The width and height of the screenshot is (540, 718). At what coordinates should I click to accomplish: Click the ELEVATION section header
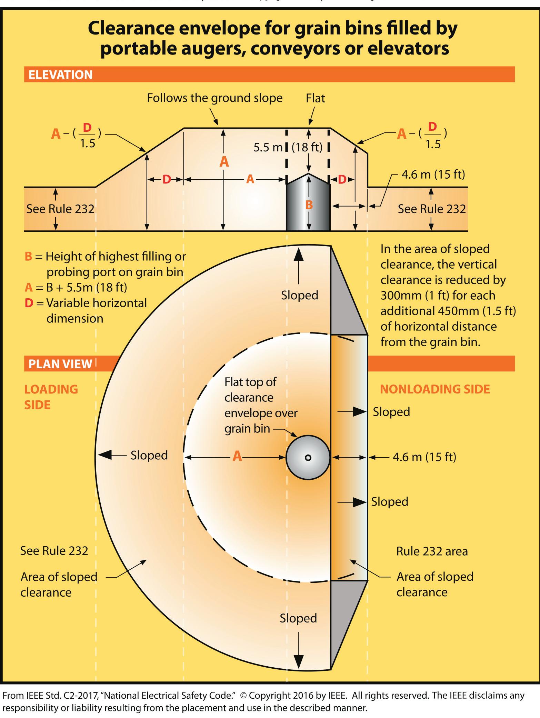[61, 75]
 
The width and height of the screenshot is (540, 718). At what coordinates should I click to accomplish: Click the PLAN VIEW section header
[60, 364]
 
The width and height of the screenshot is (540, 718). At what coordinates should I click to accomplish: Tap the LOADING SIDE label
[51, 397]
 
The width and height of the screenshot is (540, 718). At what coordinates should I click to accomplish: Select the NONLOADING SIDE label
[435, 389]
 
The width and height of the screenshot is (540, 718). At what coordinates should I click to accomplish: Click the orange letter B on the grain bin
[309, 205]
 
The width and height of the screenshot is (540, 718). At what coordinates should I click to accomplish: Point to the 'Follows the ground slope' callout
[214, 98]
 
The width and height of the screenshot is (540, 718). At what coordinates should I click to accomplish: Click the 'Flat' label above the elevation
[315, 99]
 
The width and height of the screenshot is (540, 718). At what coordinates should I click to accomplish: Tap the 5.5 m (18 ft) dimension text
[288, 148]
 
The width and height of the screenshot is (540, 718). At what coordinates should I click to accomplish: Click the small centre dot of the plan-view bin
[308, 458]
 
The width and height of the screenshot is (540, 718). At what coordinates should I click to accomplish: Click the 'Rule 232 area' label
[432, 551]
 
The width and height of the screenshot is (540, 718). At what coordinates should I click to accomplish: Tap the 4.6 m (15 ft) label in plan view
[424, 457]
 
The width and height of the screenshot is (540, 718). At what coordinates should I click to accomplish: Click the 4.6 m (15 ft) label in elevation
[433, 175]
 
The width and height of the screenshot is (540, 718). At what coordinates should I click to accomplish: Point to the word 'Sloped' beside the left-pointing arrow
[149, 455]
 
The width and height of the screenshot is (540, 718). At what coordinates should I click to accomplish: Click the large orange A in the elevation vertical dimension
[224, 161]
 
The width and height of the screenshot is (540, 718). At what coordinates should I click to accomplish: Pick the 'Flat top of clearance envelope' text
[260, 405]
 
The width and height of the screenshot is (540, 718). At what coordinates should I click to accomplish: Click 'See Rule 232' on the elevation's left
[60, 209]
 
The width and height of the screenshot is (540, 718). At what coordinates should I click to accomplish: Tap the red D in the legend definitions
[29, 303]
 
